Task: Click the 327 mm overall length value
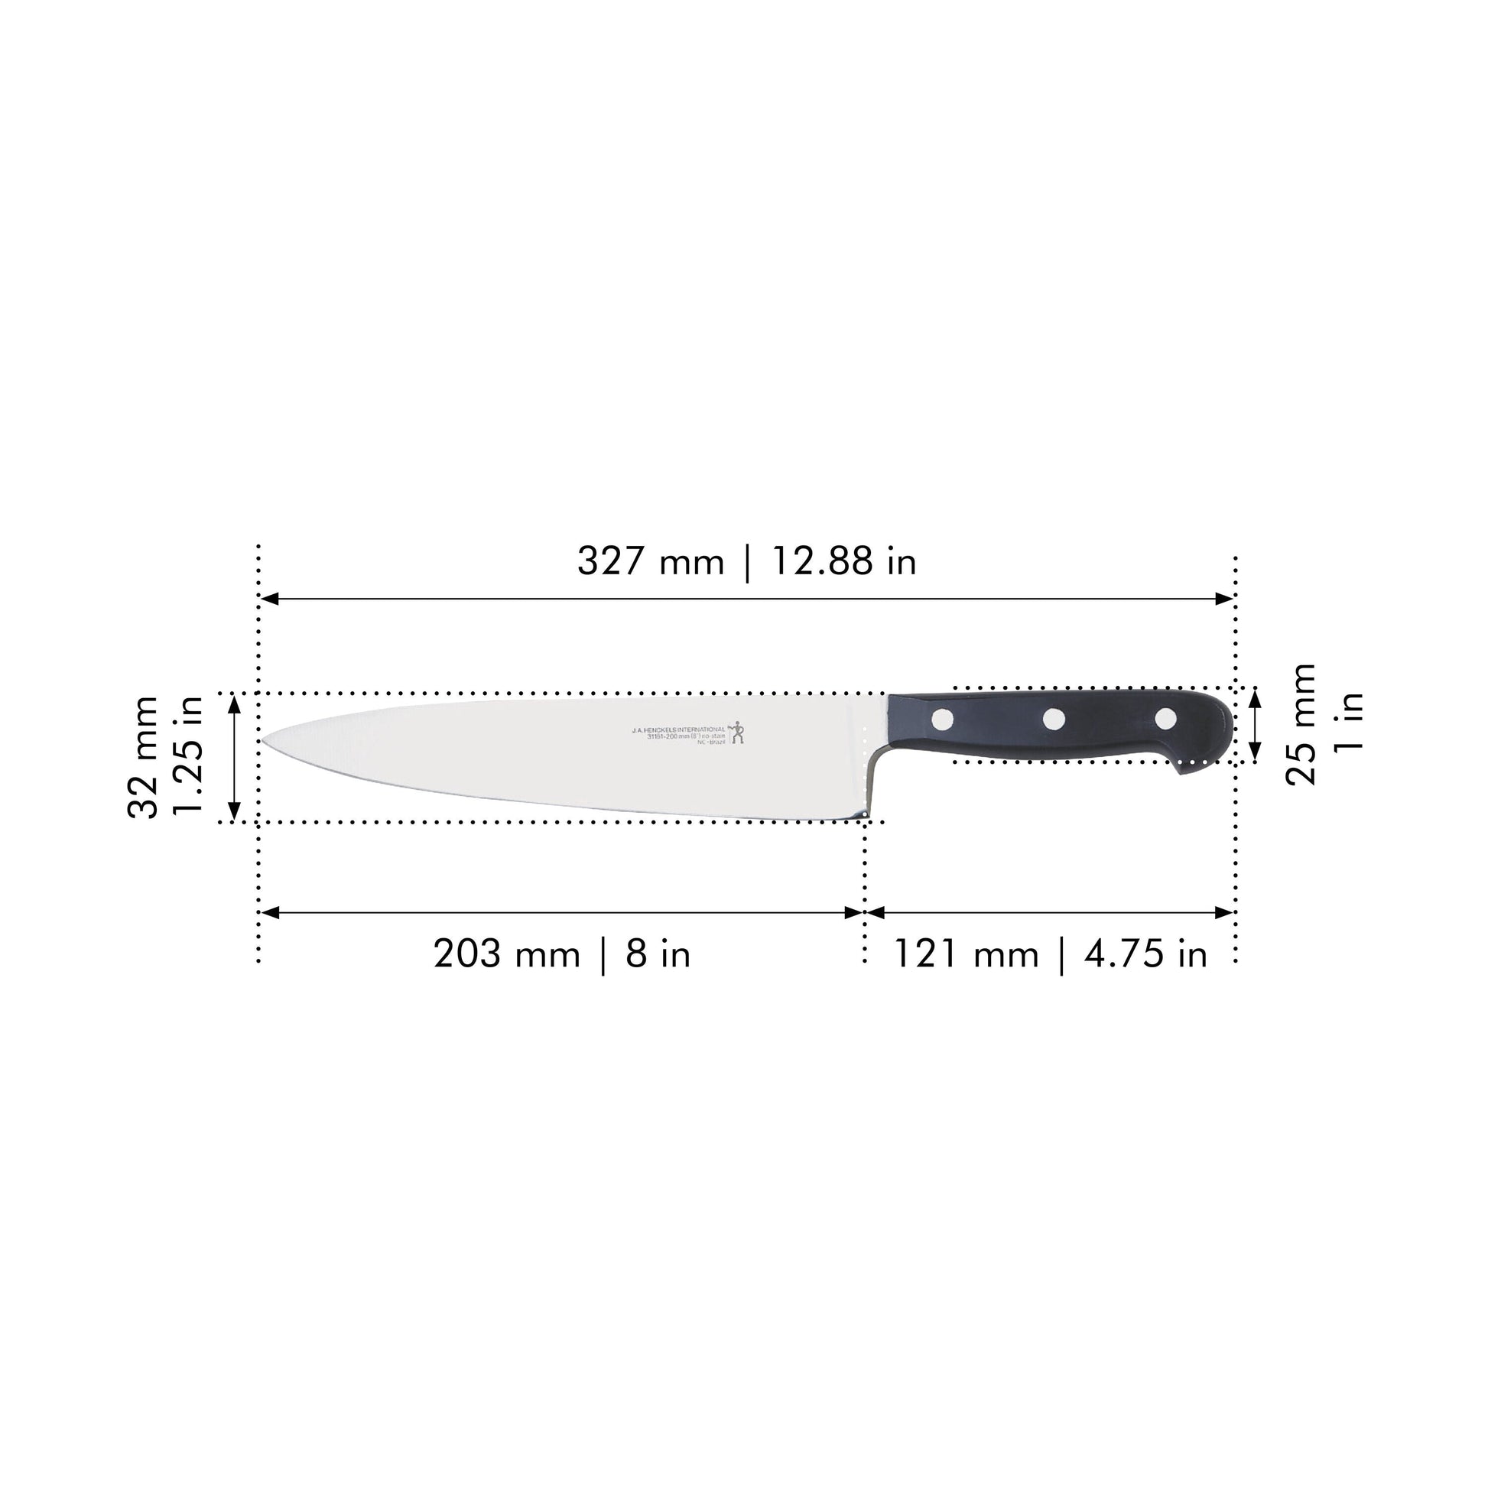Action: [651, 561]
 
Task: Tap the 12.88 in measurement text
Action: [843, 561]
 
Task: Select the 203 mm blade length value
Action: [506, 955]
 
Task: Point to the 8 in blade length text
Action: [658, 955]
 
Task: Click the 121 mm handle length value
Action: [966, 955]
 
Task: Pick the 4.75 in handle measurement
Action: [1145, 955]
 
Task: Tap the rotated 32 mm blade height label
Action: [143, 757]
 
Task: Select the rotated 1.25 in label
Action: [188, 757]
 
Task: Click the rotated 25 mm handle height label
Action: [1301, 725]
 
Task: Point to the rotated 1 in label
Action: [1349, 723]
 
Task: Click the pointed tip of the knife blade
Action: [262, 741]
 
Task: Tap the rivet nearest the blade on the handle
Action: [942, 720]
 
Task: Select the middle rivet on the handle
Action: [1054, 720]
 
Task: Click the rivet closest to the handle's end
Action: [1165, 719]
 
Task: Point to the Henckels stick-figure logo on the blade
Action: [737, 732]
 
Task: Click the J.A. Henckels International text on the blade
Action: [677, 729]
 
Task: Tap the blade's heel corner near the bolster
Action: [864, 814]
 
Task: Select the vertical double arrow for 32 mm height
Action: [235, 757]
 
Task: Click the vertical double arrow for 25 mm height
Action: [1255, 725]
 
